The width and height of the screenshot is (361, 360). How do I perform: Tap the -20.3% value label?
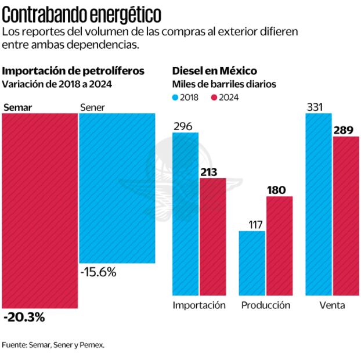pos(24,318)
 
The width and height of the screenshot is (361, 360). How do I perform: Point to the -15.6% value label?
pos(98,272)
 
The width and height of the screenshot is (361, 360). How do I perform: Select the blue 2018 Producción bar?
pos(252,263)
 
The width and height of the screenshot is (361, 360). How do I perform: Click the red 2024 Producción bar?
pos(279,246)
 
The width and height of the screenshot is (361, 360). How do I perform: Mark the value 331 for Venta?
pos(315,106)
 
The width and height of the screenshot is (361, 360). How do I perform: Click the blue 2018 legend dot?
pos(176,98)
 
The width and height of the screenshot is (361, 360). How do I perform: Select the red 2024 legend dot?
pos(214,98)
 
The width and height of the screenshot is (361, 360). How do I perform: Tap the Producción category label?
pos(265,305)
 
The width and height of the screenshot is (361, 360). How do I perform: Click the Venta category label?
pos(332,305)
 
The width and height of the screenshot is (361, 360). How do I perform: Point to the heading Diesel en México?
pos(214,71)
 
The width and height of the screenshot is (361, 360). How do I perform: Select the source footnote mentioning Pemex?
pos(53,345)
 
